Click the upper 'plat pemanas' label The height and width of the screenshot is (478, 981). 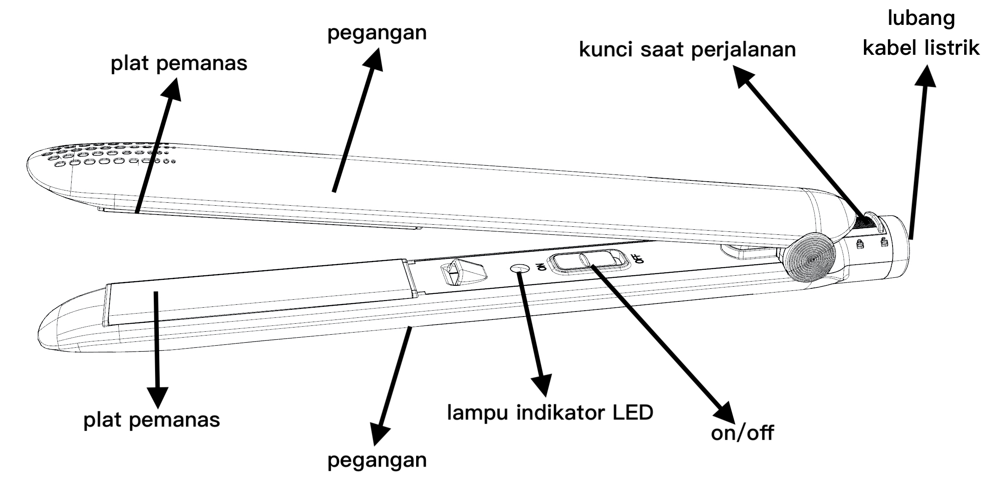coord(179,64)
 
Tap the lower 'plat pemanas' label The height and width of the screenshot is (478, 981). coord(152,420)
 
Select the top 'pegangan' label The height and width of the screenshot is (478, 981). coord(377,33)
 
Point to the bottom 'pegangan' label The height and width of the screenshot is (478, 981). coord(377,460)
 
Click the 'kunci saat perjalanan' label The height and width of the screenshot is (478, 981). coord(687,50)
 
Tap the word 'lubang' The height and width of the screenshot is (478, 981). coord(921,19)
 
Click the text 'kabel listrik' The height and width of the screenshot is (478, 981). coord(921,47)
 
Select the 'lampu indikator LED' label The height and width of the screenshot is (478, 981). coord(550,412)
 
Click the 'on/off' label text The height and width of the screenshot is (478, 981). coord(742,433)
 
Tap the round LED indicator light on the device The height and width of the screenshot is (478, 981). coord(519,269)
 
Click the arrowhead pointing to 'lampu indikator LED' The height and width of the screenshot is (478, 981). coord(542,385)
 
